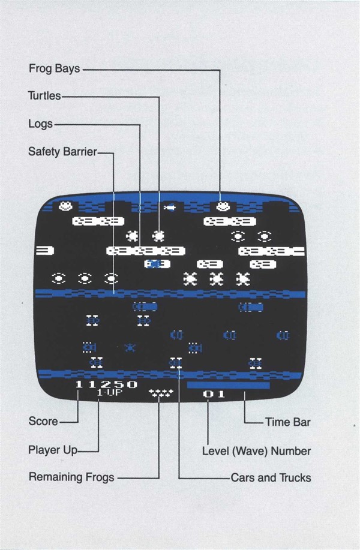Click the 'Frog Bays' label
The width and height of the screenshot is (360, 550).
(x=55, y=69)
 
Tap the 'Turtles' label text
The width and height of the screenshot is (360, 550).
(x=44, y=96)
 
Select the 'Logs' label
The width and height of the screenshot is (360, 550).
(x=41, y=124)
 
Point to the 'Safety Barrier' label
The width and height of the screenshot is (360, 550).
(x=62, y=152)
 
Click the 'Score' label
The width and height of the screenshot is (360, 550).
(x=43, y=421)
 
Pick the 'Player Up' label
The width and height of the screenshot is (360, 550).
(x=53, y=450)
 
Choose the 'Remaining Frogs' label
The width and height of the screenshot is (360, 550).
(x=71, y=477)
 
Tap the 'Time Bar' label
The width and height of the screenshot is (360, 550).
(x=288, y=422)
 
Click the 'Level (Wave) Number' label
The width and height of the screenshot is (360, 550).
(x=256, y=451)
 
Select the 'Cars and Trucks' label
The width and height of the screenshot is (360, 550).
(x=271, y=478)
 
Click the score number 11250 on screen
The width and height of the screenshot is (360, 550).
(x=106, y=384)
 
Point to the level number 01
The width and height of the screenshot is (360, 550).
(x=214, y=394)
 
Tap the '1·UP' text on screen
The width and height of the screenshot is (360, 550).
(x=110, y=392)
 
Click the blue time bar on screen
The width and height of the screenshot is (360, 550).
(x=229, y=385)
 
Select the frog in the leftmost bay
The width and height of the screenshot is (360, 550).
(x=65, y=206)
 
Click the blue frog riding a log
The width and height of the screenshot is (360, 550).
(x=154, y=264)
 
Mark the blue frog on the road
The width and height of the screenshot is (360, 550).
(x=130, y=348)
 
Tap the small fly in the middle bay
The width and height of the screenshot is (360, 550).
(x=170, y=208)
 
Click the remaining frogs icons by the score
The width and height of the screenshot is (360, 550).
(x=161, y=393)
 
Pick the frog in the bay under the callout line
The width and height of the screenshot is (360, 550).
(x=223, y=206)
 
